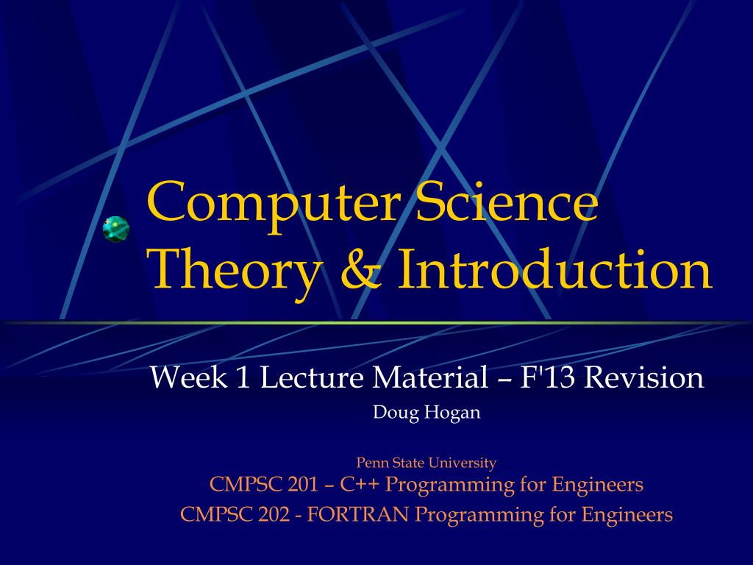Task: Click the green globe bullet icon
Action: (116, 229)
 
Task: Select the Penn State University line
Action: (427, 463)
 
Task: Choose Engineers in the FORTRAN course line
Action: (627, 515)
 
